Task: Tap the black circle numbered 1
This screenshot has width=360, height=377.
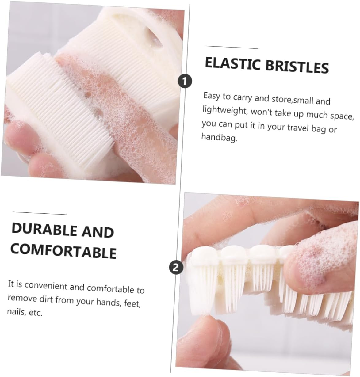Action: (x=185, y=81)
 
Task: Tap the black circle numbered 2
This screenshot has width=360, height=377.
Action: (x=176, y=268)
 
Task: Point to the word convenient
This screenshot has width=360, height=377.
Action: (x=46, y=285)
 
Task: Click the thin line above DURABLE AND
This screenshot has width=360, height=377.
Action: (x=40, y=213)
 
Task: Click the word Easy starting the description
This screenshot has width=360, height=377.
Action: (x=212, y=96)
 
